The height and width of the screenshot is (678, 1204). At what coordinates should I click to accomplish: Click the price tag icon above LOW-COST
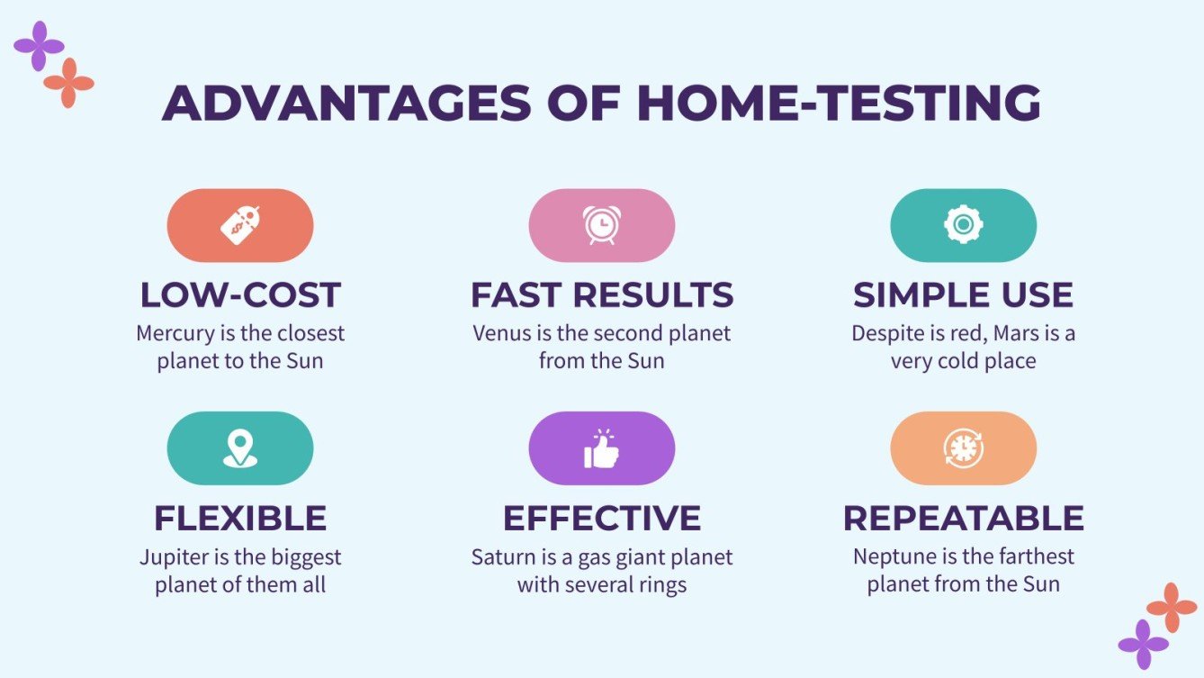click(x=240, y=225)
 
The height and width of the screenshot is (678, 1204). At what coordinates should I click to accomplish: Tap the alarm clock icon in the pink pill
click(x=601, y=225)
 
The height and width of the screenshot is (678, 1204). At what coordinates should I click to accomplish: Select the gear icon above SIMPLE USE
click(x=963, y=225)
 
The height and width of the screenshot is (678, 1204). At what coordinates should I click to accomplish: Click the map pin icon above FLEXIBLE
click(x=240, y=448)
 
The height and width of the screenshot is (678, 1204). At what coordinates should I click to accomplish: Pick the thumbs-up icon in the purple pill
click(x=601, y=448)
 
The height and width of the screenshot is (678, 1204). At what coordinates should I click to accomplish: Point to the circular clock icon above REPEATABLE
click(x=963, y=448)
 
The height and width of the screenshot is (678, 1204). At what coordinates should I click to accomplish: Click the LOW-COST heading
click(x=240, y=295)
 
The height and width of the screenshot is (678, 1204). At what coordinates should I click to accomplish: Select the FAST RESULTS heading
click(x=601, y=295)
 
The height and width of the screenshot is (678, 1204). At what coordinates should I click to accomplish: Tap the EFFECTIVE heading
click(x=601, y=519)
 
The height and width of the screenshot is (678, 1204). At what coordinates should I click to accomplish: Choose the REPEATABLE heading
click(x=963, y=519)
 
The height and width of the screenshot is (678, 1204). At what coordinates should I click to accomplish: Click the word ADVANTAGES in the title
click(x=346, y=104)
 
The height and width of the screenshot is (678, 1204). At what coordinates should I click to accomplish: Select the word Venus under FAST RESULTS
click(x=500, y=333)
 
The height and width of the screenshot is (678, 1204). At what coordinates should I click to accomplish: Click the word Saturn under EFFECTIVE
click(x=499, y=556)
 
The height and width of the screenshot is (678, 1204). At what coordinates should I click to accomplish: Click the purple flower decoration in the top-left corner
click(x=39, y=46)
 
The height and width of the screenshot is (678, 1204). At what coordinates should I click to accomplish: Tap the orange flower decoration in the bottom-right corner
click(x=1172, y=607)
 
